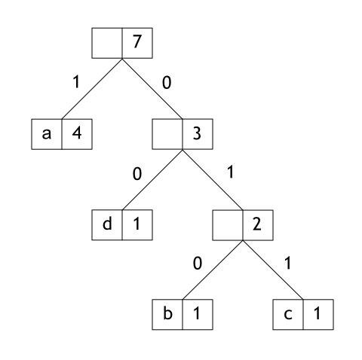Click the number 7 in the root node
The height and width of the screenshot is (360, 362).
point(137,41)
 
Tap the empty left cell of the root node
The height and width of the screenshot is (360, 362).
point(107,43)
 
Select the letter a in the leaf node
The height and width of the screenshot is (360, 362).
point(47,134)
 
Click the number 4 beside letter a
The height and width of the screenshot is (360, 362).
point(77,133)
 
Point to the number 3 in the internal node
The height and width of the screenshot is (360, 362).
point(197,133)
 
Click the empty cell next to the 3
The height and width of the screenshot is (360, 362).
point(167,134)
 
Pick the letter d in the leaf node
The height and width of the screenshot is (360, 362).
point(107,223)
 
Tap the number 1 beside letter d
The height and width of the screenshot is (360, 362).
point(137,224)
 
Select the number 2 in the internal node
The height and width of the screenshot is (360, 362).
point(257,224)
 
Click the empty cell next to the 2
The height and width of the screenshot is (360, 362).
point(228,225)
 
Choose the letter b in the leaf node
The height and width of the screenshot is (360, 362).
point(167,313)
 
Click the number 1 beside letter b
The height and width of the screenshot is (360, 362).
point(197,313)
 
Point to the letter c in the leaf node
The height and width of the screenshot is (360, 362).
point(288,314)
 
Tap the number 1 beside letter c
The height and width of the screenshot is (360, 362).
point(318,313)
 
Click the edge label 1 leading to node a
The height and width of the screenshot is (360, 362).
point(76,81)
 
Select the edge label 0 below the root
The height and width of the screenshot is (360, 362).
point(167,83)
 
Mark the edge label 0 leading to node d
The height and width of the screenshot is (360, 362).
point(137,174)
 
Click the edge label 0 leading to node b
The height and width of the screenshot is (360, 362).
point(198,264)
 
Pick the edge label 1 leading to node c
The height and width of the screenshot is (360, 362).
point(287,263)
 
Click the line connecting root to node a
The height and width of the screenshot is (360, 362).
point(92,88)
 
